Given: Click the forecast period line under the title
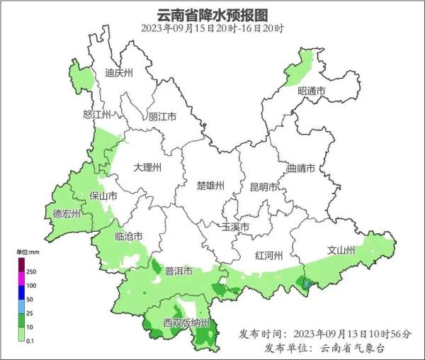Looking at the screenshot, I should point(212,29).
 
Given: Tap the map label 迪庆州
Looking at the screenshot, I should point(119,73).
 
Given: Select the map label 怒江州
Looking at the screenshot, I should point(97,115).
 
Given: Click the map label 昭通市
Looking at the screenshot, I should point(311,91).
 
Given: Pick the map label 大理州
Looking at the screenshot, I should point(148,168).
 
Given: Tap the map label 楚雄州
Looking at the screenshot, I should point(210,186).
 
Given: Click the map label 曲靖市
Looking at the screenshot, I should point(302,169).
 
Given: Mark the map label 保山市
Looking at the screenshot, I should point(103,196).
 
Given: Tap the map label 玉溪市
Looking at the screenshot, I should point(236,227).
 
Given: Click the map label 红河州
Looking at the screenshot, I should point(269,255).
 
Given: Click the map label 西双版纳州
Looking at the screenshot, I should point(186,323).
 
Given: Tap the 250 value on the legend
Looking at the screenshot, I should point(31,271).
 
